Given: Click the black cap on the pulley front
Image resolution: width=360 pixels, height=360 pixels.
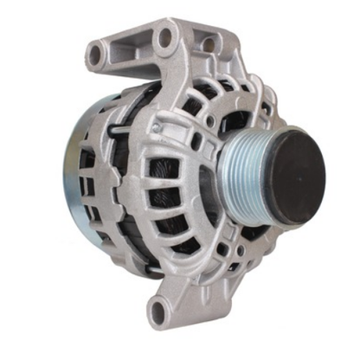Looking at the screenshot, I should click(x=293, y=174).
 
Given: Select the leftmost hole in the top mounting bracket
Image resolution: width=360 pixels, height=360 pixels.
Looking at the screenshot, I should click(x=94, y=55).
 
